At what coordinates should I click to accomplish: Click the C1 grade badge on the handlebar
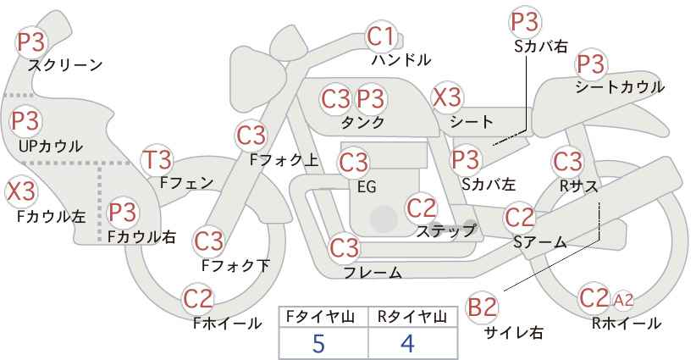(x=381, y=36)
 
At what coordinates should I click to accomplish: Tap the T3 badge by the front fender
(x=157, y=160)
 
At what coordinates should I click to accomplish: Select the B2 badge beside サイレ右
(x=482, y=307)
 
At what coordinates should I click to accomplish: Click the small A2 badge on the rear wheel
(x=623, y=301)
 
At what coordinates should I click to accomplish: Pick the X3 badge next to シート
(x=447, y=97)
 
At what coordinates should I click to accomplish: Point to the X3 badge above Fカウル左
(x=20, y=191)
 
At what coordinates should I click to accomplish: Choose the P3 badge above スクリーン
(x=31, y=42)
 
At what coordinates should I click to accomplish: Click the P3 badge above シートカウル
(x=591, y=64)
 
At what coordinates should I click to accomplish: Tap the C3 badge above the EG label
(x=353, y=163)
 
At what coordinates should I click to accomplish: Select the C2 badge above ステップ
(x=422, y=208)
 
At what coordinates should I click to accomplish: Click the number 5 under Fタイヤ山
(x=318, y=343)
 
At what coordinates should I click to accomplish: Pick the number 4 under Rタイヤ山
(x=407, y=343)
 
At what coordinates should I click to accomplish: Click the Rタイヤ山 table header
(x=412, y=317)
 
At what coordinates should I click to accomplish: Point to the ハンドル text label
(x=401, y=59)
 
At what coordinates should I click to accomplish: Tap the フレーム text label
(x=373, y=272)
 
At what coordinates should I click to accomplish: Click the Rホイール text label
(x=627, y=324)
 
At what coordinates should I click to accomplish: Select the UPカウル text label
(x=51, y=146)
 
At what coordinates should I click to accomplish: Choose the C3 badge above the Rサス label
(x=567, y=162)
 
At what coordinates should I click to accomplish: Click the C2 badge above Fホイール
(x=198, y=298)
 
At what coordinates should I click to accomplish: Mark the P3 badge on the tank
(x=370, y=98)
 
